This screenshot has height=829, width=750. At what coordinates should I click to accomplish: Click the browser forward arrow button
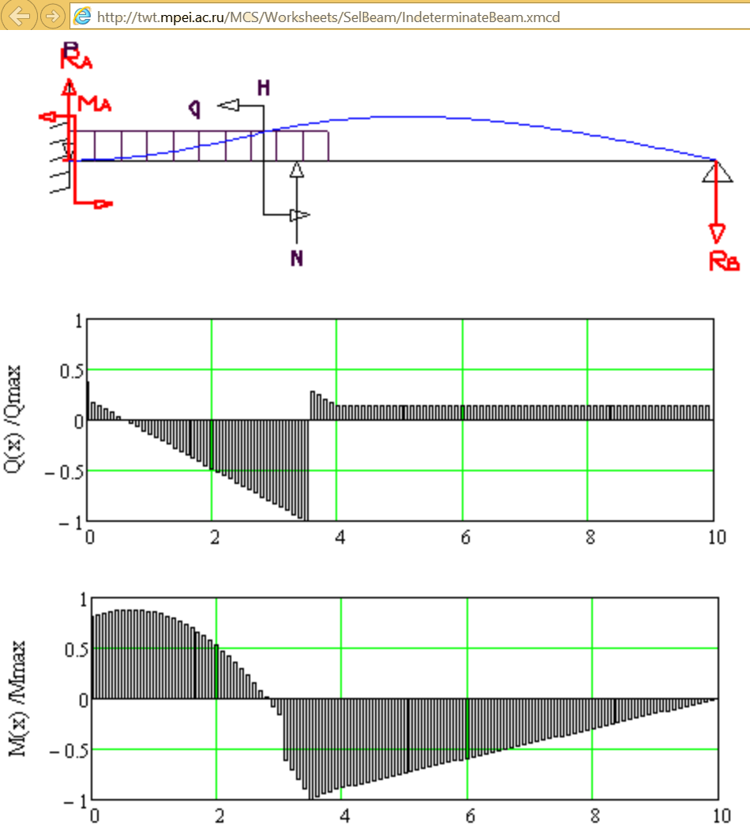[x=51, y=15]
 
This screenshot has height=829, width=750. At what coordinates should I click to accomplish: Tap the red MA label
[x=92, y=103]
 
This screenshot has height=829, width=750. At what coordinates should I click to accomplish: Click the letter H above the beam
[x=263, y=88]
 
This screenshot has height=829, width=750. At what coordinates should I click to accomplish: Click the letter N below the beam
[x=296, y=258]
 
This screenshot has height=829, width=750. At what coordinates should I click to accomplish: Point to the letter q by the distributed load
[x=193, y=107]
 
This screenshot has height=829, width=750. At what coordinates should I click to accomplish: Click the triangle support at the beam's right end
[x=717, y=170]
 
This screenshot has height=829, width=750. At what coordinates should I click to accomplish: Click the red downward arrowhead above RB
[x=717, y=234]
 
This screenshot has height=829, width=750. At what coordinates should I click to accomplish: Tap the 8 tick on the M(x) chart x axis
[x=594, y=816]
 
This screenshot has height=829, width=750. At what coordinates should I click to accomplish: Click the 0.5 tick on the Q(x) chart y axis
[x=71, y=370]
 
